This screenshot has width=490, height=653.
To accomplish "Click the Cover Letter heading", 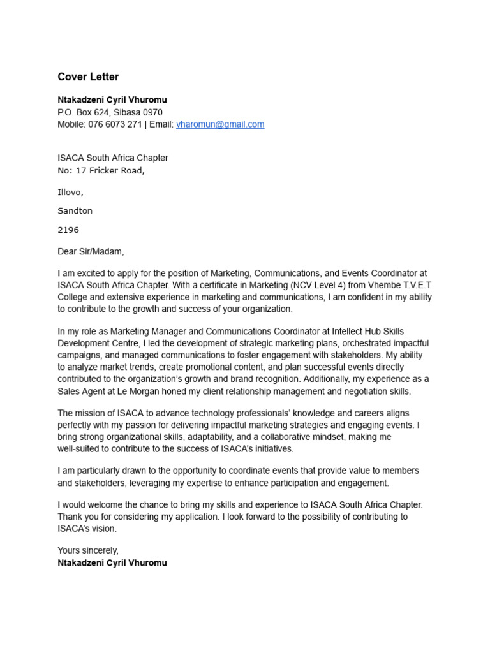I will tap(88, 77).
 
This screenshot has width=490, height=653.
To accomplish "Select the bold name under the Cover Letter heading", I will tap(112, 100).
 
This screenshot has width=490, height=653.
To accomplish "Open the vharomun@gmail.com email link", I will tap(220, 124).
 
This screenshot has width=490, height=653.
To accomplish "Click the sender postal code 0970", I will tap(152, 112).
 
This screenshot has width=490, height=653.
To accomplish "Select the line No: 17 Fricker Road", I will tap(101, 170).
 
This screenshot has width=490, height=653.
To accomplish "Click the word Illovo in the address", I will tap(70, 192).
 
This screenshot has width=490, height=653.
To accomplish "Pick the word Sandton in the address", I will tap(75, 210).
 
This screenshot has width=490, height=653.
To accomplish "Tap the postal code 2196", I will tap(68, 230).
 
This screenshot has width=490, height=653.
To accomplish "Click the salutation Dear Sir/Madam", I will tap(91, 252).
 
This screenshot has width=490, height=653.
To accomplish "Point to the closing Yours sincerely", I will tap(88, 550).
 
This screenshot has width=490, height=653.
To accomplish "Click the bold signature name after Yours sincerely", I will tap(112, 563).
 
